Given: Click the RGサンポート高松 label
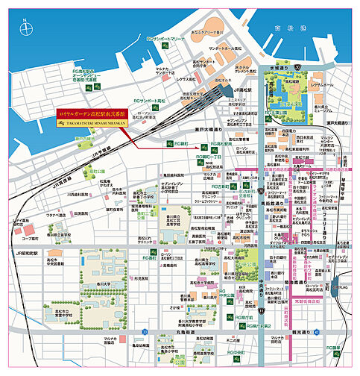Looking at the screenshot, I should pos(148,99).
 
